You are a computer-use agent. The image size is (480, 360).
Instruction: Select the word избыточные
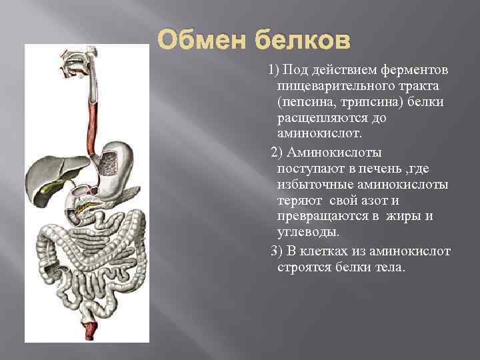point(313,184)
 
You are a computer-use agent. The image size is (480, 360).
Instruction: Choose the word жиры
point(409,216)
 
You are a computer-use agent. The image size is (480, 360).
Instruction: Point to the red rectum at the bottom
point(89,327)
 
